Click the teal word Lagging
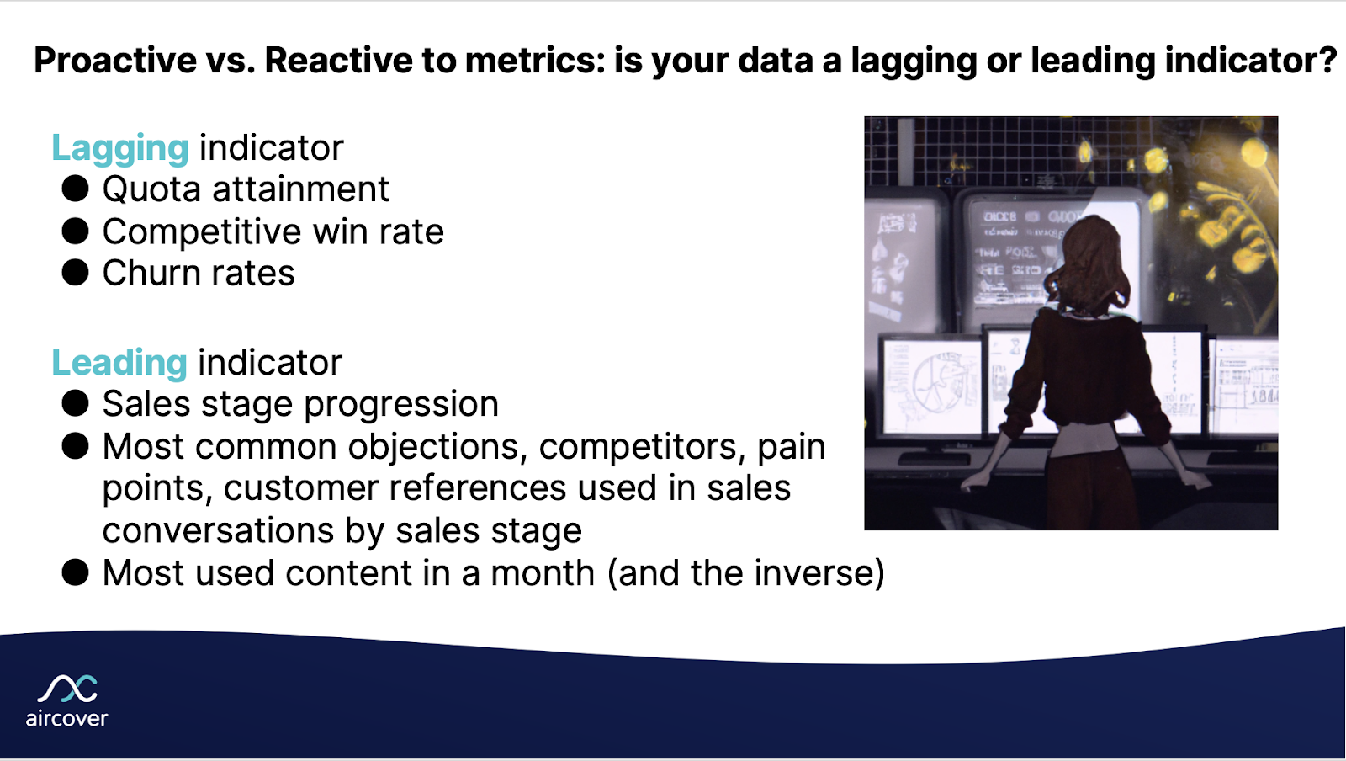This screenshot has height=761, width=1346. (119, 149)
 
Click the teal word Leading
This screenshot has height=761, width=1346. (119, 363)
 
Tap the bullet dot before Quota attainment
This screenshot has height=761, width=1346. (76, 189)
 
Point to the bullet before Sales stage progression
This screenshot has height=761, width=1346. (76, 403)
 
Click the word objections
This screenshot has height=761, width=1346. (437, 447)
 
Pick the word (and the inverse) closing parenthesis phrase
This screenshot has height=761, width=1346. (746, 573)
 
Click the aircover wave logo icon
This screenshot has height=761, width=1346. (67, 689)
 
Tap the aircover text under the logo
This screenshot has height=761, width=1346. (66, 719)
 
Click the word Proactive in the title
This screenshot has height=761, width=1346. (115, 61)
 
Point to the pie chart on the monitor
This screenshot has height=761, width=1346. (936, 383)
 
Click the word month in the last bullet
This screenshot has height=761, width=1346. (543, 573)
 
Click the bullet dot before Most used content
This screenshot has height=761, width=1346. (76, 572)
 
